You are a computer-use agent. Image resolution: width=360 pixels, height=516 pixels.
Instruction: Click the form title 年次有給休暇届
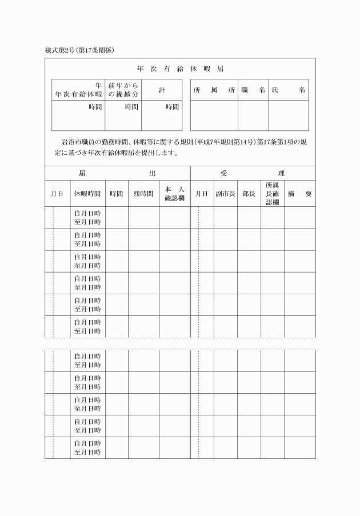coord(180,69)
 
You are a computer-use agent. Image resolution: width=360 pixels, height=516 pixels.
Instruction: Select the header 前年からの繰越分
coord(123,90)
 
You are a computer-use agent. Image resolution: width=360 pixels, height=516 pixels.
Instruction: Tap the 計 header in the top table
coord(162,90)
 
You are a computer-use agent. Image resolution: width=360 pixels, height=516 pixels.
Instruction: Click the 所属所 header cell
coord(214,90)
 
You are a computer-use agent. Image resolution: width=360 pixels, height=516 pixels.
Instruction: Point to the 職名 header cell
coord(253,90)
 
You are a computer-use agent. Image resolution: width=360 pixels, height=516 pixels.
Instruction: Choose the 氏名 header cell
coord(289,90)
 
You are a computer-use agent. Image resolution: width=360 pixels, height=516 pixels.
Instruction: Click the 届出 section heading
coord(117,173)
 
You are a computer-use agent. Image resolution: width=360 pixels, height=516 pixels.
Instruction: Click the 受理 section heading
coord(253,173)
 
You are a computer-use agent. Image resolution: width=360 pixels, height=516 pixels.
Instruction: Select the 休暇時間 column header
coord(87,194)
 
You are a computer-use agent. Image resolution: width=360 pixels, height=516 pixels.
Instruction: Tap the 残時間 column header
coord(143,194)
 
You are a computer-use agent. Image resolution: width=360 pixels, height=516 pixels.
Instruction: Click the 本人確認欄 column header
coord(174,194)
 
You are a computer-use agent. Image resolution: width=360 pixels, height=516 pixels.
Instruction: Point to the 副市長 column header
coord(226,194)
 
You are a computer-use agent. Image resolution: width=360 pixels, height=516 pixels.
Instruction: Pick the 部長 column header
coord(249,194)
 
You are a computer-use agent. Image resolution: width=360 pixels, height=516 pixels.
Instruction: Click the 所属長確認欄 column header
coord(272,194)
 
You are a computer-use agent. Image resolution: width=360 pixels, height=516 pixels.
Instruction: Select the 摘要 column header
coord(300,194)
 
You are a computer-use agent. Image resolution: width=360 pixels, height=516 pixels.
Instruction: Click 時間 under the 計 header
coord(172,106)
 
